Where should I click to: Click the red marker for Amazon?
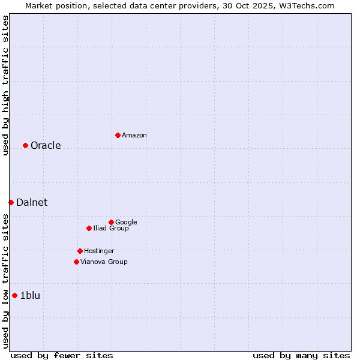tap(118, 135)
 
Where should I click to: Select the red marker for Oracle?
tap(25, 145)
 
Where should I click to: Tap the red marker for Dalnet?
tap(11, 202)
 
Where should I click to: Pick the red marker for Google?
tap(111, 222)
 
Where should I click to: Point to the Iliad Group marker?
tap(89, 228)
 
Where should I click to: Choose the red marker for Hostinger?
tap(80, 251)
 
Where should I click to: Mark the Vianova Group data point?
tap(76, 262)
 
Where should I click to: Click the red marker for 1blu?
tap(14, 295)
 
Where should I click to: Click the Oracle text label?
tap(46, 146)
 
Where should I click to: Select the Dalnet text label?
tap(32, 203)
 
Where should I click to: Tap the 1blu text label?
tap(30, 295)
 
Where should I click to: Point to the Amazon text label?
tap(134, 136)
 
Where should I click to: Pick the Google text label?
tap(126, 223)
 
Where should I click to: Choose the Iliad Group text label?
tap(111, 229)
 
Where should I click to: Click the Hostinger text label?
tap(99, 251)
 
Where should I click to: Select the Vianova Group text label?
tap(104, 262)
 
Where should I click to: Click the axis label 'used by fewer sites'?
tap(62, 355)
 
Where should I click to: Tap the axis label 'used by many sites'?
tap(301, 355)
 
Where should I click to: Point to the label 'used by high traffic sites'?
tap(5, 86)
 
